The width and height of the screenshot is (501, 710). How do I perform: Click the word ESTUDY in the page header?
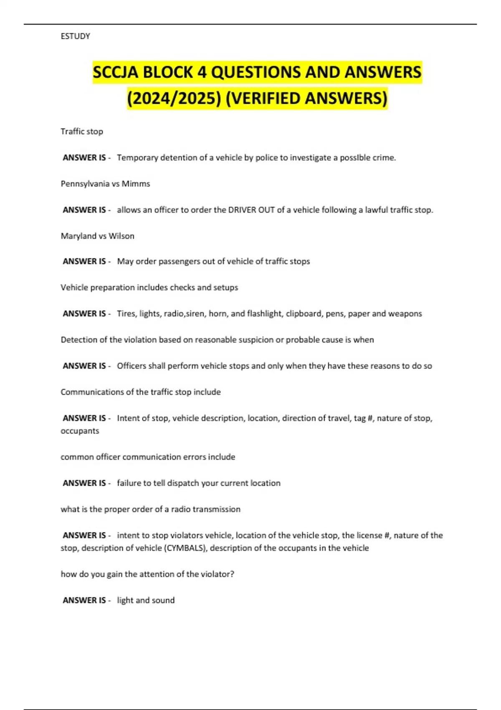click(75, 36)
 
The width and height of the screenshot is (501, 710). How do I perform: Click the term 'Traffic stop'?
click(82, 132)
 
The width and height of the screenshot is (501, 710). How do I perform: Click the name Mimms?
click(136, 184)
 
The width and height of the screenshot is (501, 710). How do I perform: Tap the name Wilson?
click(121, 236)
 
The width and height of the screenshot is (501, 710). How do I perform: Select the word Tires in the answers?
click(126, 314)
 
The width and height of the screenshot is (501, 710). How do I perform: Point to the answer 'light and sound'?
click(146, 601)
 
